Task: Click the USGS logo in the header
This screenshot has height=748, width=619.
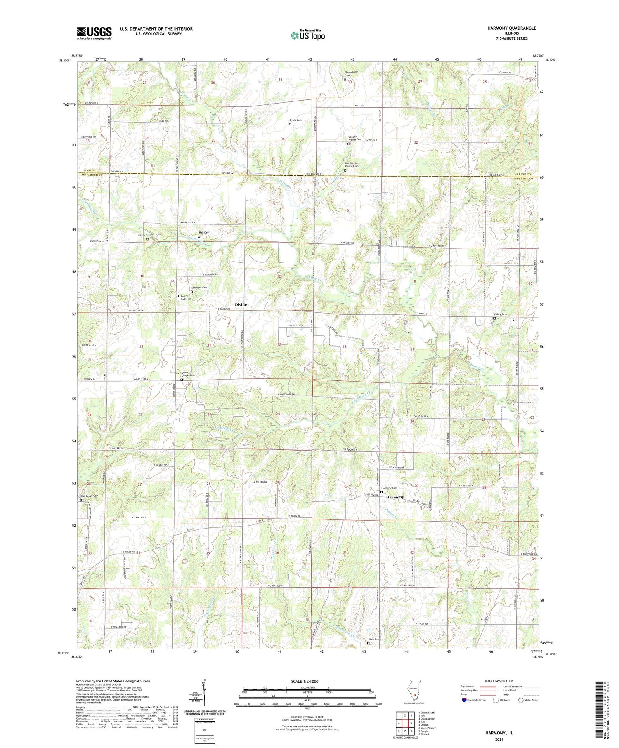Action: pos(94,33)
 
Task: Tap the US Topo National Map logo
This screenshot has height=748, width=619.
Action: pos(307,35)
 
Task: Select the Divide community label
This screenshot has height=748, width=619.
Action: pos(241,304)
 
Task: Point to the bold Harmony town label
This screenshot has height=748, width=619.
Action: pos(395,497)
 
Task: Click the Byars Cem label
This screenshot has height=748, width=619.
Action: pos(295,120)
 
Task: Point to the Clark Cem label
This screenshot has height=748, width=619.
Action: pos(374,639)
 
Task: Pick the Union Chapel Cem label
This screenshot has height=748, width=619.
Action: pos(188,374)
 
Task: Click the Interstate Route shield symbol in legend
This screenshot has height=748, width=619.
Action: pos(464,700)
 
